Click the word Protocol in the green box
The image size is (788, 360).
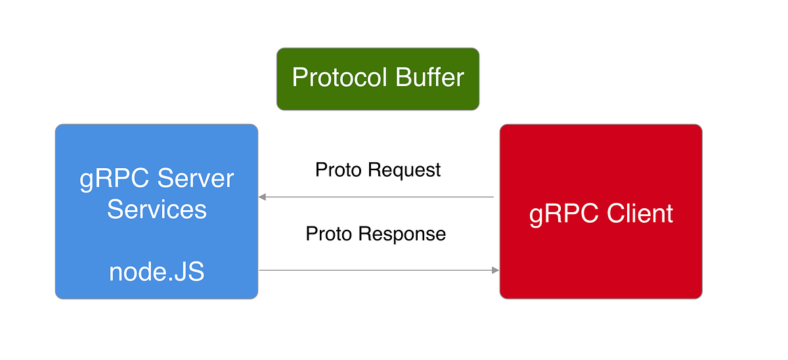click(340, 78)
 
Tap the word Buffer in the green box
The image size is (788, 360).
click(430, 78)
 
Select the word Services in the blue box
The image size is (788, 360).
click(156, 210)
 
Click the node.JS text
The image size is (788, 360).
click(156, 272)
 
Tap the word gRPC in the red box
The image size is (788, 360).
click(562, 214)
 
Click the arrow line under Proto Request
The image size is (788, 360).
click(378, 196)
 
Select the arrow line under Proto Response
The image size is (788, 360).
click(378, 270)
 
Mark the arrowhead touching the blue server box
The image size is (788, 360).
click(262, 196)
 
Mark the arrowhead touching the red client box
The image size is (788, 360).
click(495, 270)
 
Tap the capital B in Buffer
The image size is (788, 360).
click(403, 78)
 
